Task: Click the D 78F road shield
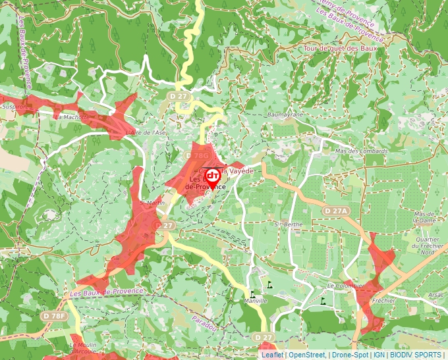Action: tap(55, 317)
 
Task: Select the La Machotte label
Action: tap(72, 117)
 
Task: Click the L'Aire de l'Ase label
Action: tap(146, 132)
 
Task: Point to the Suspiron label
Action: tap(14, 106)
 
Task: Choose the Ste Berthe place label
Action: tap(289, 224)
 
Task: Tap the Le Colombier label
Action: tap(345, 286)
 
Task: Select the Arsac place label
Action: tap(435, 295)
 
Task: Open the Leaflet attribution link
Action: tap(273, 355)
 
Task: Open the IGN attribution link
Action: tap(379, 355)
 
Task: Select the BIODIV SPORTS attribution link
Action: tap(416, 355)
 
